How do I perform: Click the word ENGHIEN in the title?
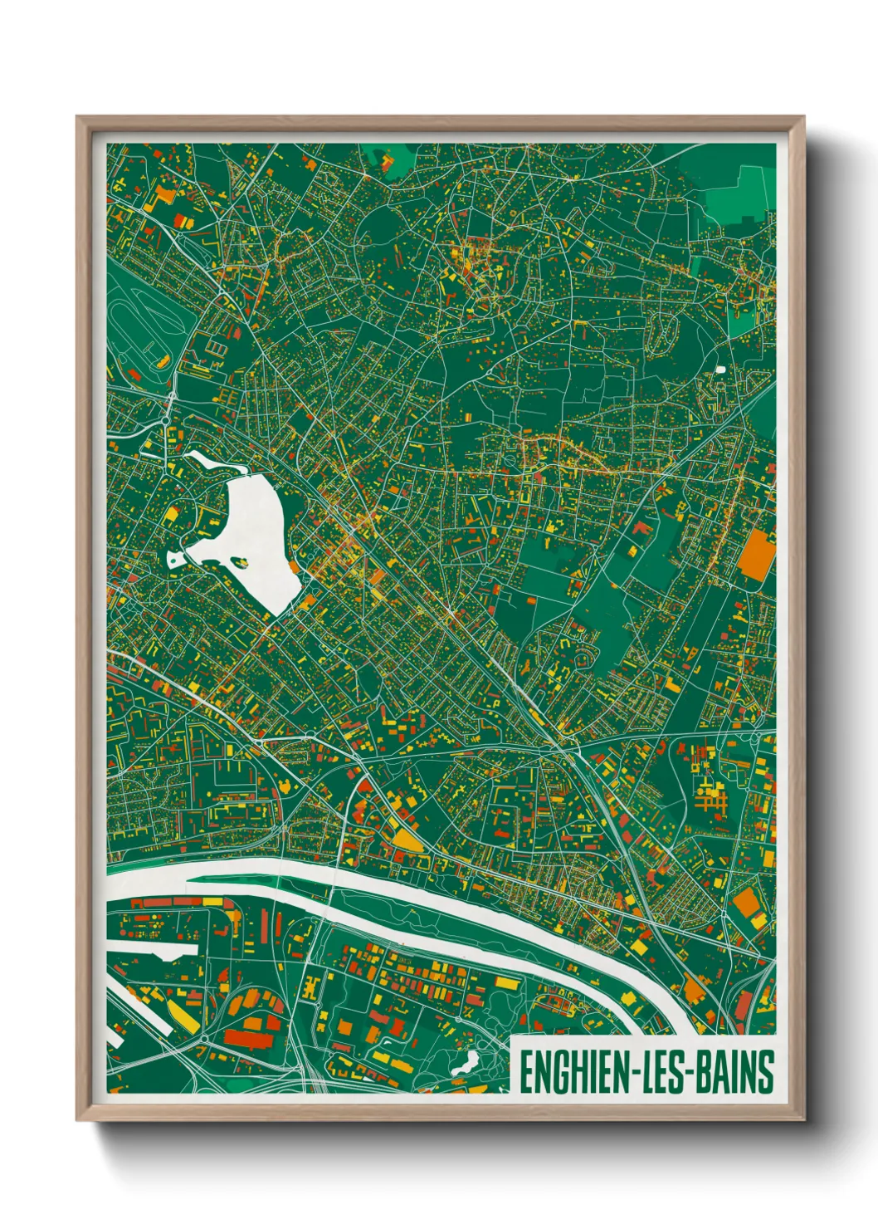[x=572, y=1072]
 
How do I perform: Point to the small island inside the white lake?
[x=241, y=562]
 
